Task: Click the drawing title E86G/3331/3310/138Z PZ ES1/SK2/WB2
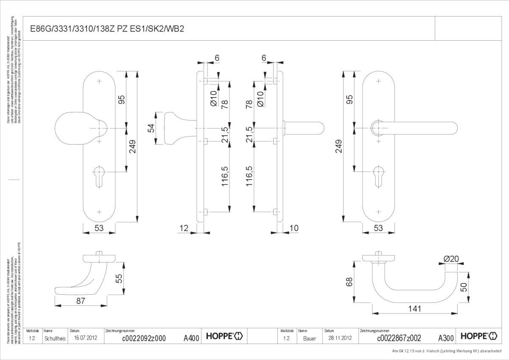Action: [x=106, y=29]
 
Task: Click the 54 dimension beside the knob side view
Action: [x=151, y=128]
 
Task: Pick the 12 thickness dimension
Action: [x=184, y=228]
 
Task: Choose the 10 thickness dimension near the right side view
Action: [x=294, y=228]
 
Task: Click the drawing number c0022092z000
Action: [x=143, y=338]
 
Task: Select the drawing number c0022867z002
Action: [x=399, y=338]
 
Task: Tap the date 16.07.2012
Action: [x=86, y=338]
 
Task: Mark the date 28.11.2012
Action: [x=340, y=338]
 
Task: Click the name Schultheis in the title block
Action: [x=55, y=338]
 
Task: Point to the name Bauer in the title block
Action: [x=309, y=338]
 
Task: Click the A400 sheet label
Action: [x=191, y=338]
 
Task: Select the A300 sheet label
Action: [x=446, y=338]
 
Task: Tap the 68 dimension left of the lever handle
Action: [x=350, y=282]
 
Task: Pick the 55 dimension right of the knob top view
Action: [x=120, y=279]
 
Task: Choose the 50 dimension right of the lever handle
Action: [x=464, y=287]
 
